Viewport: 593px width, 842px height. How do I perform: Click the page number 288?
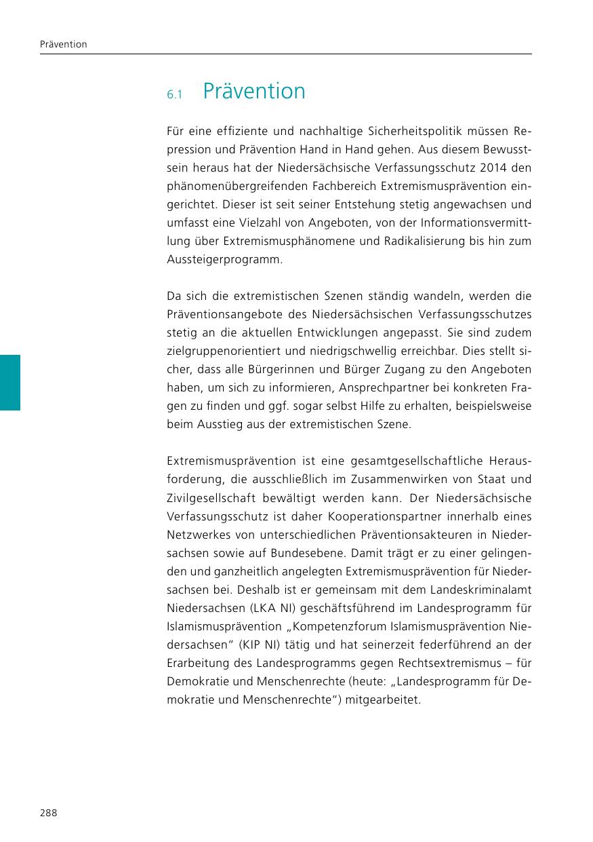tap(47, 813)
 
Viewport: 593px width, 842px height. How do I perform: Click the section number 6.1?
tap(175, 94)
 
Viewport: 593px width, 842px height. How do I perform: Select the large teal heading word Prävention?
tap(254, 91)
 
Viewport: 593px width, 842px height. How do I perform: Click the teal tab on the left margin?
tap(10, 382)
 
